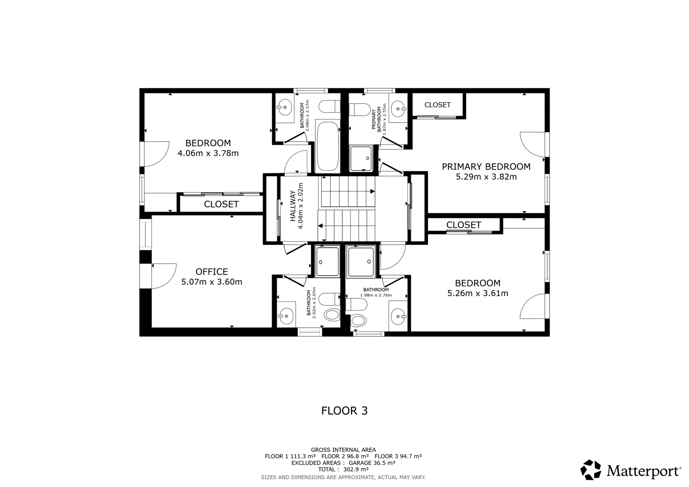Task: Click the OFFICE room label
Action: point(211,272)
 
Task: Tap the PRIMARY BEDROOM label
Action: point(486,167)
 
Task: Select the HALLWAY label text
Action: point(293,206)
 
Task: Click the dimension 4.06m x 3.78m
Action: point(208,153)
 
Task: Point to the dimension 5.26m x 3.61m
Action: point(478,294)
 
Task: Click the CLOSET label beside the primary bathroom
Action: point(438,105)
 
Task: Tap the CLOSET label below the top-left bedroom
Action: point(221,204)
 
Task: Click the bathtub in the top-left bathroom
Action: point(327,146)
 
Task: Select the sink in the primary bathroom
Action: point(399,109)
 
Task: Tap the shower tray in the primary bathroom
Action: point(361,158)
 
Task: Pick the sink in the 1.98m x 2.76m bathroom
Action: point(399,316)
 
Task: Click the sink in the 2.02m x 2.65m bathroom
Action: point(286,316)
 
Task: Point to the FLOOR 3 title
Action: point(344,411)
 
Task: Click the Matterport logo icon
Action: point(590,470)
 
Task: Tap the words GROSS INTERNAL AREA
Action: point(343,450)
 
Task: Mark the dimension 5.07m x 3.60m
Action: point(211,282)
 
